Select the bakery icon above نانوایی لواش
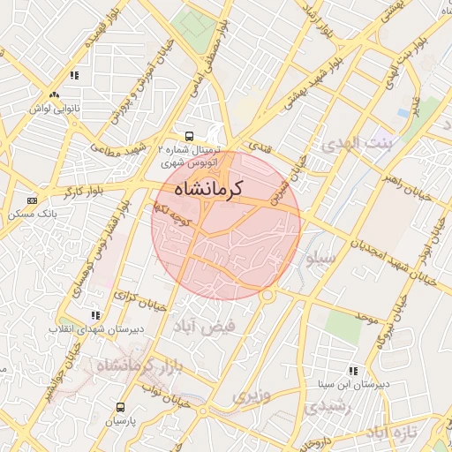(55, 94)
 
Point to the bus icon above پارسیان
(121, 408)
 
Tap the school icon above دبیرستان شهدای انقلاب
(94, 314)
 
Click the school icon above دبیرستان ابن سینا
(352, 371)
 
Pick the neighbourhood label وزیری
(252, 396)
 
